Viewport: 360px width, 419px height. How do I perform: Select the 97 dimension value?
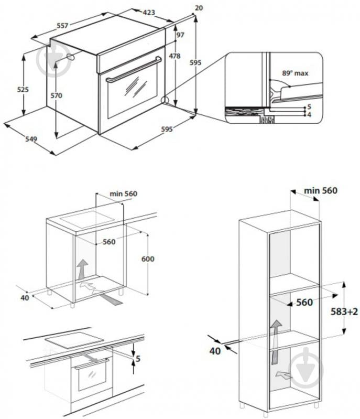180,35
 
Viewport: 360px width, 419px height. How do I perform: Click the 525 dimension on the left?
23,90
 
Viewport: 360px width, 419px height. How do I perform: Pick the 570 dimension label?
56,95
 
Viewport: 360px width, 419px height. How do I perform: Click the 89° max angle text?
295,73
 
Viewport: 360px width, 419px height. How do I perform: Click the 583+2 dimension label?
344,311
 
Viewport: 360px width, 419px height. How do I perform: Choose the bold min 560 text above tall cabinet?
314,190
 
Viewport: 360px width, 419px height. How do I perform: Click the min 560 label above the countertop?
123,194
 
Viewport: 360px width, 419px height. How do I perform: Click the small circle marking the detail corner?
165,100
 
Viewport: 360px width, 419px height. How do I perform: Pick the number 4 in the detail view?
309,114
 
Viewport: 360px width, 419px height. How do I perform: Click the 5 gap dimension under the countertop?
138,359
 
